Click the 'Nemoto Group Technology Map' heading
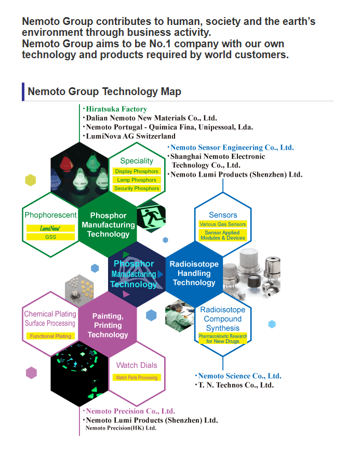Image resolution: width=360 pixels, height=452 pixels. pyautogui.click(x=104, y=92)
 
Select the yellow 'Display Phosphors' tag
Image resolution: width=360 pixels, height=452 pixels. pyautogui.click(x=137, y=171)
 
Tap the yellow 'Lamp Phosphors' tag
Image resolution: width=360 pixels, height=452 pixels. pyautogui.click(x=137, y=180)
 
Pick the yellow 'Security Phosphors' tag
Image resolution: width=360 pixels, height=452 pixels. pyautogui.click(x=137, y=189)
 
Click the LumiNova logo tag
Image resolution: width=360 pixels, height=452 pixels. pyautogui.click(x=50, y=228)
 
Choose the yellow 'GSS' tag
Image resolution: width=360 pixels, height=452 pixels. pyautogui.click(x=50, y=237)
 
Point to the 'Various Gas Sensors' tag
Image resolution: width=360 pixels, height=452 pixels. pyautogui.click(x=222, y=224)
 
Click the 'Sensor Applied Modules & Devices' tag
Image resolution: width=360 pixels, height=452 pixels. pyautogui.click(x=222, y=235)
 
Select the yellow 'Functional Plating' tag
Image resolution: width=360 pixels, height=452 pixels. pyautogui.click(x=50, y=336)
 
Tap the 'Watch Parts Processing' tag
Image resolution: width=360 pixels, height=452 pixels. pyautogui.click(x=136, y=378)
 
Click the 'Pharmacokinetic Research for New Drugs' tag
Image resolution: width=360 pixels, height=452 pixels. pyautogui.click(x=222, y=339)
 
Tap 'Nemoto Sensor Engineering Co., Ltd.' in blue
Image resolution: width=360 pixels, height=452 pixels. pyautogui.click(x=232, y=148)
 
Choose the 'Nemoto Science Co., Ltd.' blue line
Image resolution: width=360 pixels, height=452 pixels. pyautogui.click(x=239, y=376)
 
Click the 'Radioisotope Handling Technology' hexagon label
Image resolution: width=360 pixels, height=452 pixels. pyautogui.click(x=194, y=273)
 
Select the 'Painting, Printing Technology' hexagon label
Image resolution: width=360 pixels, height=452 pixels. pyautogui.click(x=108, y=325)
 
